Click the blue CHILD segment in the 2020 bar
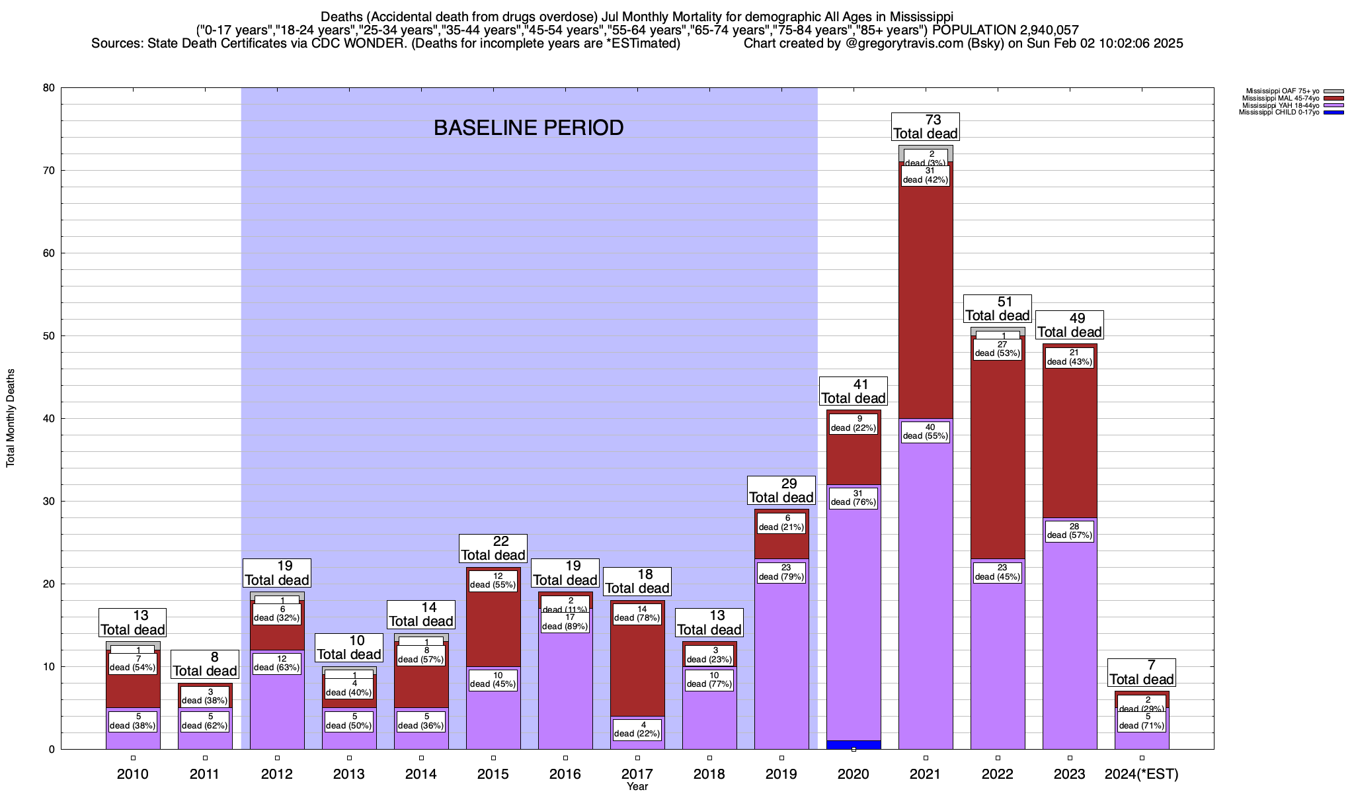(854, 744)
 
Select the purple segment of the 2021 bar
(926, 595)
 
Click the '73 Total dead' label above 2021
(926, 126)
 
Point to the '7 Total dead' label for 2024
(1142, 672)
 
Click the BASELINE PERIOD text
(528, 128)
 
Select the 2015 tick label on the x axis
(493, 774)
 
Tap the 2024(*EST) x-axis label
(1142, 774)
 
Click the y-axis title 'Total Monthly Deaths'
(11, 418)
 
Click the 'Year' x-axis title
(637, 787)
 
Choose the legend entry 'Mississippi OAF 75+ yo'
(1282, 91)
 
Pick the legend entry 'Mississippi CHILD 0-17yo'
(1279, 112)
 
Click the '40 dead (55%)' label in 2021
(926, 431)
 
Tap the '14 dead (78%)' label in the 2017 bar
(637, 614)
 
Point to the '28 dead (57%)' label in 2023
(1070, 531)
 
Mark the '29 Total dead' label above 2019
(781, 490)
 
